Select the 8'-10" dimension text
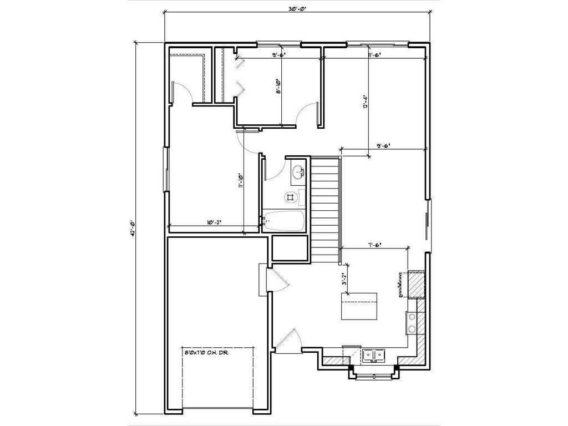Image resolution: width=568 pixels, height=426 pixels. pos(278,88)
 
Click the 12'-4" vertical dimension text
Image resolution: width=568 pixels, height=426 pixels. pos(365,104)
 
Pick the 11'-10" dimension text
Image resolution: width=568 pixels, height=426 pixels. pos(241,181)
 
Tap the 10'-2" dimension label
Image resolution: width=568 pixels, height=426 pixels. pos(214,222)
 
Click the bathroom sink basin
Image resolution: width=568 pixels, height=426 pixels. pos(298,172)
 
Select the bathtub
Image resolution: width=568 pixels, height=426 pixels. pos(283,222)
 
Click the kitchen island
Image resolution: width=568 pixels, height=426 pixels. pos(358,306)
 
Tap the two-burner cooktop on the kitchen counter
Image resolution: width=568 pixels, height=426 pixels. pos(412,322)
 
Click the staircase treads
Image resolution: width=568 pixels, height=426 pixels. pos(324,209)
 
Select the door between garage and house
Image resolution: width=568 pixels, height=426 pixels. pos(264,280)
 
